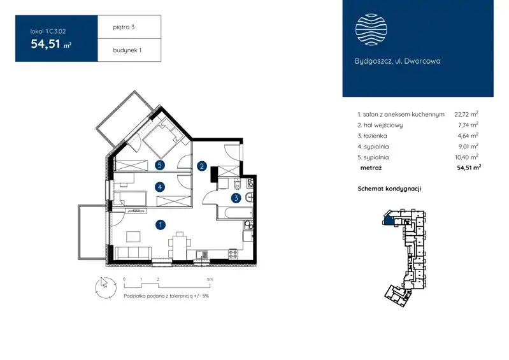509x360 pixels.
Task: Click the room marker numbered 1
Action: [161, 225]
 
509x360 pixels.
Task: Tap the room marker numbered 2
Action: [202, 166]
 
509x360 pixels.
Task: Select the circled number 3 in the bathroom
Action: [236, 198]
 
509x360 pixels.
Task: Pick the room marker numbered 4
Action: [160, 187]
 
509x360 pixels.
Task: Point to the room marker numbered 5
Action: [159, 165]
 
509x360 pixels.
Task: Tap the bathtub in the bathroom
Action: [235, 213]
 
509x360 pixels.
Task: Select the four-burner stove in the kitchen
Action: [233, 254]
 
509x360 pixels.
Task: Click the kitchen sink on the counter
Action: [202, 255]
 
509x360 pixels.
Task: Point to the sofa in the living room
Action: [133, 252]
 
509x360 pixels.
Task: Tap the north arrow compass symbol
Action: [105, 287]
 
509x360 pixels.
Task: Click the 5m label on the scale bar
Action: [210, 279]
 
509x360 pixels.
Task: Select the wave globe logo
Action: [371, 29]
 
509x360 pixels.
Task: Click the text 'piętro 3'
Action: [124, 27]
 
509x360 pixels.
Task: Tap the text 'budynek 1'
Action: [127, 50]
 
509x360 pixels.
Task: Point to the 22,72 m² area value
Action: [466, 114]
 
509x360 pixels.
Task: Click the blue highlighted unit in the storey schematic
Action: [389, 220]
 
